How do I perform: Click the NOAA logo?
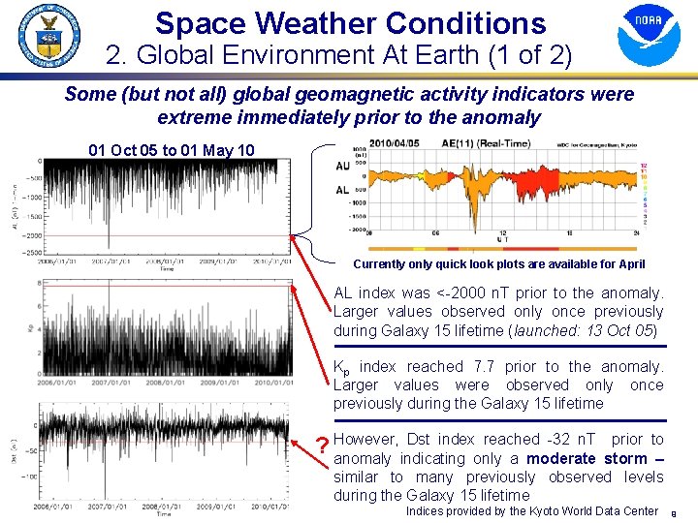click(x=649, y=35)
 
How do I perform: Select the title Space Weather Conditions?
click(x=350, y=22)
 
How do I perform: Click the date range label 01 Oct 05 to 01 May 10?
click(x=172, y=150)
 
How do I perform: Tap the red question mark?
click(x=322, y=446)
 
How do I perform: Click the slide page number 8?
click(x=685, y=512)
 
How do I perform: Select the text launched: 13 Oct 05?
click(x=581, y=330)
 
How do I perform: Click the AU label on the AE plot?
click(x=342, y=166)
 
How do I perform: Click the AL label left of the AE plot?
click(x=342, y=190)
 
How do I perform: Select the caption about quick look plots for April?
click(x=499, y=264)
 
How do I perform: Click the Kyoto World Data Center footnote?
click(x=531, y=510)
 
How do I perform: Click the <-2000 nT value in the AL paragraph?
click(x=503, y=292)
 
